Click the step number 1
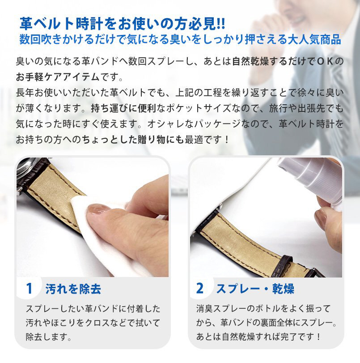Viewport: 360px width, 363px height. point(29,288)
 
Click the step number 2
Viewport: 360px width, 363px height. point(199,288)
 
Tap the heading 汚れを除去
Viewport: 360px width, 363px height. point(73,289)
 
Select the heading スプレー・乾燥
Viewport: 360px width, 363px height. point(255,289)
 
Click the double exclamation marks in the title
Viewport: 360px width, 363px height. point(221,24)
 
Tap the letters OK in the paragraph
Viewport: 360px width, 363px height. point(326,61)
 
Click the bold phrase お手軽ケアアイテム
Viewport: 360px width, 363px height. point(58,77)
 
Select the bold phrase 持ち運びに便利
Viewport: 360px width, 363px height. point(123,108)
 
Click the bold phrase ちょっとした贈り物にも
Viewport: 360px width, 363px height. point(133,139)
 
